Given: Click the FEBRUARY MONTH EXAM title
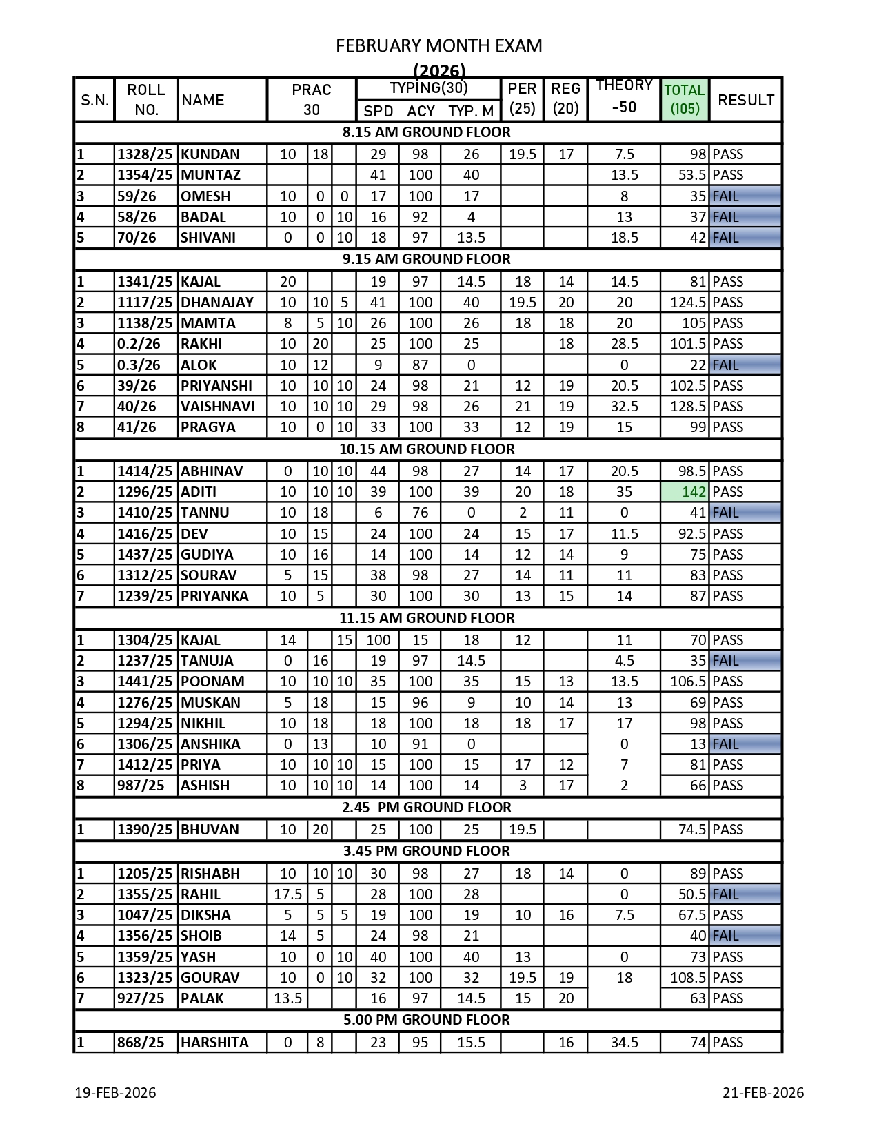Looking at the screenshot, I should pos(438,45).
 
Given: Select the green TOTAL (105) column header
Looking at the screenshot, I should pos(684,99).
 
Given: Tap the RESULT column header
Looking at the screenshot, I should pos(745,100).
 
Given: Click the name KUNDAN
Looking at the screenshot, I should pos(210,154).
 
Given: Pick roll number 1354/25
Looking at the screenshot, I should pos(144,175).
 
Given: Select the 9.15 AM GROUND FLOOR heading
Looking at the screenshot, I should pos(427,259).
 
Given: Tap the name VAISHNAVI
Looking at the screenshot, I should pos(217,407).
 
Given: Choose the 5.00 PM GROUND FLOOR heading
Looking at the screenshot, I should pos(427,1020).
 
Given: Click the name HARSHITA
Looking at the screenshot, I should pos(214,1043).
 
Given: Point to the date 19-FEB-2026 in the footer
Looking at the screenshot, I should pos(115,1093).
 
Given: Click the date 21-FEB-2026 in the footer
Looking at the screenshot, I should pos(763,1093).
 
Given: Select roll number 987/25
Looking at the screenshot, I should pos(141,786).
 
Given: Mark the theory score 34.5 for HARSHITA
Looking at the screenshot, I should pos(624,1043).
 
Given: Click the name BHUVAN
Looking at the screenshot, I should pos(210,830).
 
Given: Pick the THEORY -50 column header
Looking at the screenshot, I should pos(624,96).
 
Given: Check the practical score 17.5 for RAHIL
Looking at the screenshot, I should pos(287,894).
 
